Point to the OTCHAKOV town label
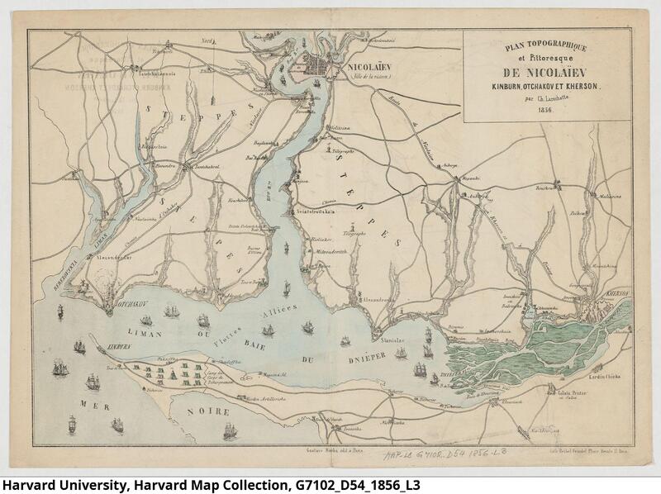tap(128, 303)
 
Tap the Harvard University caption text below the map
tap(210, 484)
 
